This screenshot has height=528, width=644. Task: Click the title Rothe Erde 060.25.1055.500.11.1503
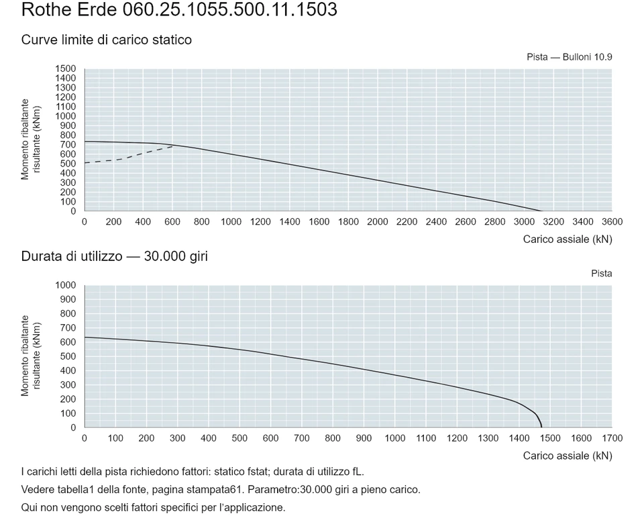pyautogui.click(x=179, y=9)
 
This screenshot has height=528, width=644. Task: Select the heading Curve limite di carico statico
pyautogui.click(x=107, y=40)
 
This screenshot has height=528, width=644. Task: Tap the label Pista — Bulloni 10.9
pyautogui.click(x=570, y=57)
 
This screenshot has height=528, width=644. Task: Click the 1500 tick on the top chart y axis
pyautogui.click(x=66, y=68)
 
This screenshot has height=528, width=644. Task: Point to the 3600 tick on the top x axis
pyautogui.click(x=612, y=222)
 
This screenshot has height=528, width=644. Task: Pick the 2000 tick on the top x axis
pyautogui.click(x=378, y=222)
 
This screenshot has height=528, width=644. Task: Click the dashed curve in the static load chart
pyautogui.click(x=128, y=156)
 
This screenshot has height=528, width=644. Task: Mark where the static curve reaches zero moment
pyautogui.click(x=542, y=211)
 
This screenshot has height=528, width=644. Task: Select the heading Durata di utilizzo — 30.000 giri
pyautogui.click(x=115, y=256)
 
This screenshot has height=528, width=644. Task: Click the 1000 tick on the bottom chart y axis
pyautogui.click(x=66, y=285)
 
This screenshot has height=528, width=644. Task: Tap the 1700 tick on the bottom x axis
pyautogui.click(x=612, y=438)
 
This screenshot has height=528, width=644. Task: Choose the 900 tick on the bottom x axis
pyautogui.click(x=364, y=438)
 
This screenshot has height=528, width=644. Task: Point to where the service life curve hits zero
pyautogui.click(x=542, y=427)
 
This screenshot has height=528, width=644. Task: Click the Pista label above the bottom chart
pyautogui.click(x=602, y=274)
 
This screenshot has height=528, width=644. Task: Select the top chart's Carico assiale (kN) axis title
pyautogui.click(x=568, y=240)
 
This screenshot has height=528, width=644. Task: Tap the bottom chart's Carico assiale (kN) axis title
pyautogui.click(x=568, y=456)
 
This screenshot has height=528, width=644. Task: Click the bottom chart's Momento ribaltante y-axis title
pyautogui.click(x=30, y=356)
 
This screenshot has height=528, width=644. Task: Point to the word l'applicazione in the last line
pyautogui.click(x=252, y=508)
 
